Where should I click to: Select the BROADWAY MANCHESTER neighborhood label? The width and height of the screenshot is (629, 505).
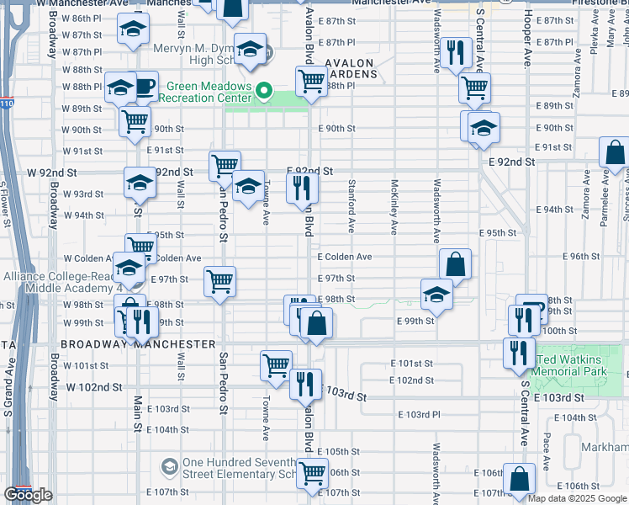pyautogui.click(x=138, y=344)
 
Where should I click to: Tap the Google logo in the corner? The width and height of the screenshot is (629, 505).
pyautogui.click(x=29, y=495)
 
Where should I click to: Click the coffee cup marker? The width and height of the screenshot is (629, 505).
pyautogui.click(x=145, y=85)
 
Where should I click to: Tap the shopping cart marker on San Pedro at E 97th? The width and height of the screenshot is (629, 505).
pyautogui.click(x=220, y=281)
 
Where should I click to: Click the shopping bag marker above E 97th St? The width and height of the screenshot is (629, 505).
pyautogui.click(x=455, y=263)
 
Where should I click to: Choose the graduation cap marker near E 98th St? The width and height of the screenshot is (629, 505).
pyautogui.click(x=436, y=294)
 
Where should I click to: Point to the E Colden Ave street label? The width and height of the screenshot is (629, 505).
pyautogui.click(x=344, y=257)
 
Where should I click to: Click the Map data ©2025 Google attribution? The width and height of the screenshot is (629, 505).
pyautogui.click(x=577, y=497)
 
